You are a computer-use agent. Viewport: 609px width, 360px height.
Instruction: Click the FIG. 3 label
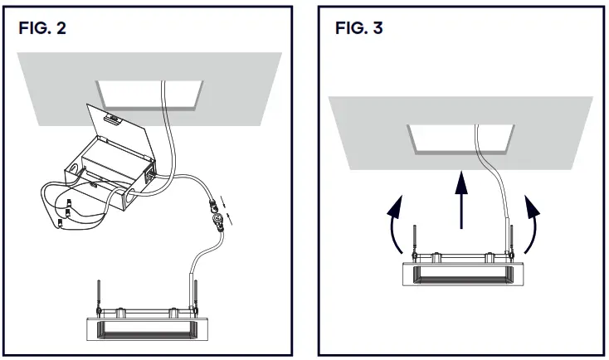pos(358,27)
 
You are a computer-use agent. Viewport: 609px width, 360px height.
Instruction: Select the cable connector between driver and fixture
pos(218,218)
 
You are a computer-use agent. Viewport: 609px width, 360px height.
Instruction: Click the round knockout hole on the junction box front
pos(130,197)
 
